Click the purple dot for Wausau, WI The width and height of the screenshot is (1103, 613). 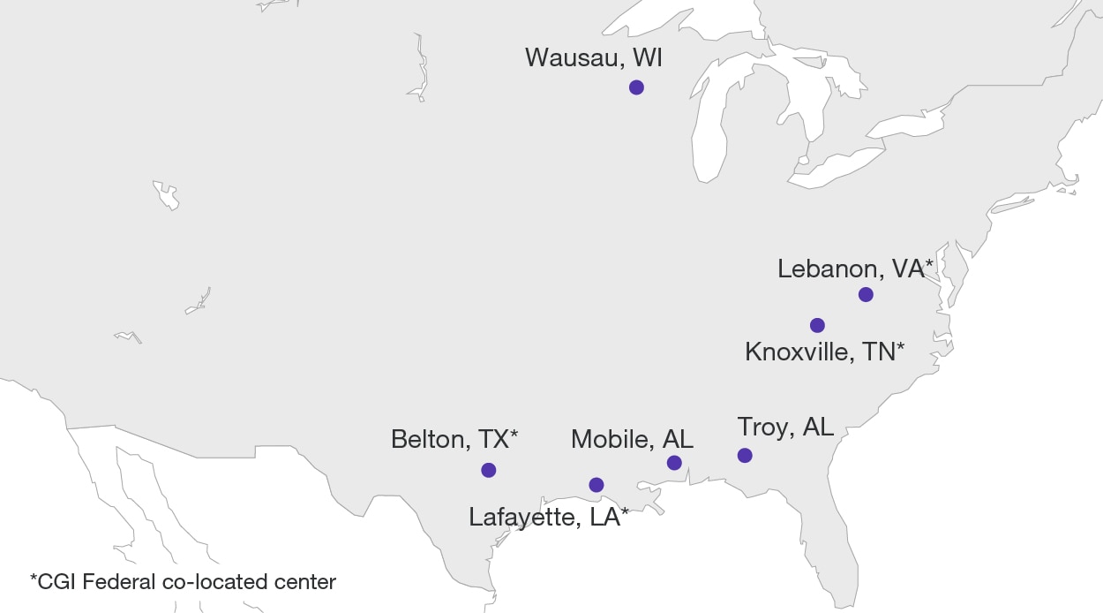click(x=636, y=87)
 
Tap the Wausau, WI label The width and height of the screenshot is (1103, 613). click(x=593, y=58)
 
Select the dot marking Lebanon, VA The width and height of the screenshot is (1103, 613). click(x=866, y=294)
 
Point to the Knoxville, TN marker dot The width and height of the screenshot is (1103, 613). click(x=817, y=325)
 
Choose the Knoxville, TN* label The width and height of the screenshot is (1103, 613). click(x=824, y=352)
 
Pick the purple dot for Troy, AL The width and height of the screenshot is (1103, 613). click(x=745, y=456)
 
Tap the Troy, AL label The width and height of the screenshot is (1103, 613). click(x=784, y=428)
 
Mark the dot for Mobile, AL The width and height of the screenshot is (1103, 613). click(x=674, y=463)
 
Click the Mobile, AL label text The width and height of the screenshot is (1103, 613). click(x=632, y=439)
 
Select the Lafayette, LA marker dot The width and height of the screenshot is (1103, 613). click(x=597, y=485)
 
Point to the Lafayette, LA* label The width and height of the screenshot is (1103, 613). click(x=549, y=517)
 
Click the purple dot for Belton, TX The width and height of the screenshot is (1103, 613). click(x=489, y=470)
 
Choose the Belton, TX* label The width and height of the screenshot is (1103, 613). click(x=454, y=439)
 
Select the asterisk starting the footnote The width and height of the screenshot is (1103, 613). click(x=34, y=579)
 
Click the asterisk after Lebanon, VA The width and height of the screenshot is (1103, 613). click(x=928, y=264)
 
